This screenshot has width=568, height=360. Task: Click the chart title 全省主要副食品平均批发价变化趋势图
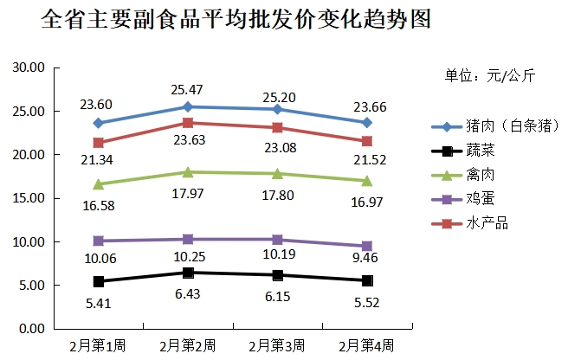point(236,19)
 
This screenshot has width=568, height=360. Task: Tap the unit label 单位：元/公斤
point(489,76)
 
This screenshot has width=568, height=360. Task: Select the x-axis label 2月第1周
point(98,344)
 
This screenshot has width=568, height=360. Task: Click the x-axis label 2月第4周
point(366,344)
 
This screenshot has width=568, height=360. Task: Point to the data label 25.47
point(188,90)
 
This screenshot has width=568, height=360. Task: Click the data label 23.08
point(278,147)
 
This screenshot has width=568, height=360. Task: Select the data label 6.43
point(188,294)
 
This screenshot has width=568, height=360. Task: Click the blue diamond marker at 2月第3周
point(277,109)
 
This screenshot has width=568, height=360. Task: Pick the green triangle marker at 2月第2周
point(188,172)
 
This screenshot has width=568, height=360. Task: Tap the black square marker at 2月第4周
point(367,280)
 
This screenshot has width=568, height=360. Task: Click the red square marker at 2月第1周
point(99,143)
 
